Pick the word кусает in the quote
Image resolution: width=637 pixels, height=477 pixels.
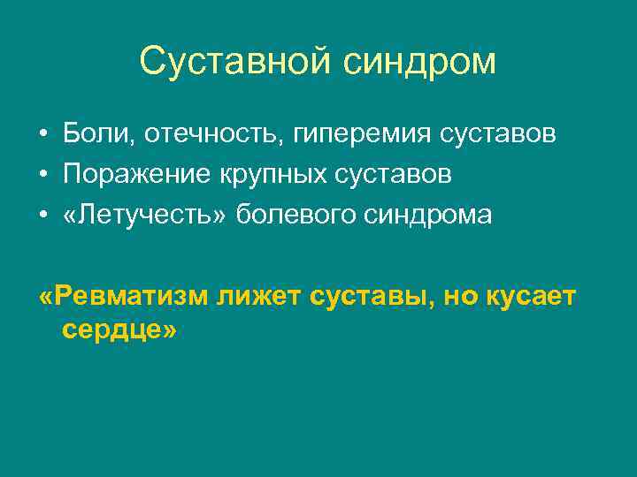click(x=529, y=297)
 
